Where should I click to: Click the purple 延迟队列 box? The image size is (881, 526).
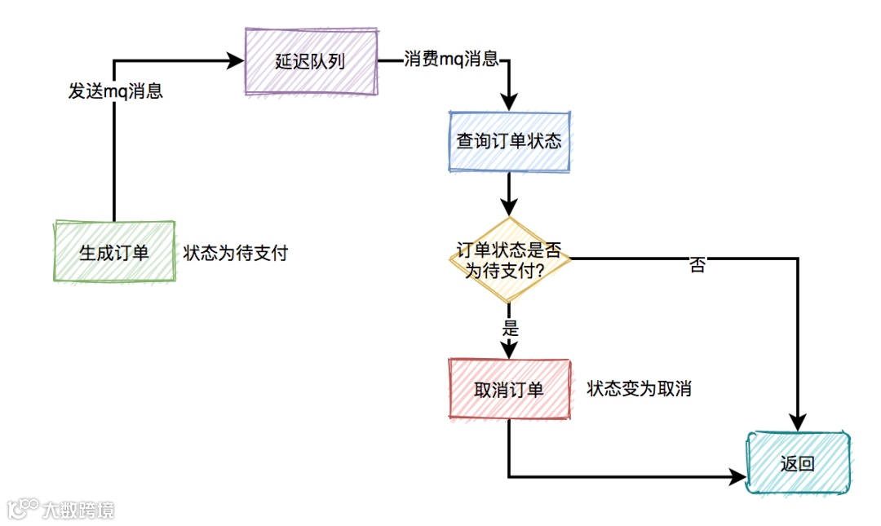312,61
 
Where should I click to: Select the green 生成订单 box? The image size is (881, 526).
114,251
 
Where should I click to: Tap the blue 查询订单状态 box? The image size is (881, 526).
509,140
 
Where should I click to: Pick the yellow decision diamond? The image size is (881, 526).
509,259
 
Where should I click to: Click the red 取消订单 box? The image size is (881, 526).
509,390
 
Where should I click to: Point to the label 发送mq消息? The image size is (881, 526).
115,91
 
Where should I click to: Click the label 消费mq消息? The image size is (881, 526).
451,60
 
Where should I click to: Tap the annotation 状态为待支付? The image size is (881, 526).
236,253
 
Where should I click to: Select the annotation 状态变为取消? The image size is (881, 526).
639,389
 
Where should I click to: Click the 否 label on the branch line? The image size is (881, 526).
697,265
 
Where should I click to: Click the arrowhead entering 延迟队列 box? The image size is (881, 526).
237,60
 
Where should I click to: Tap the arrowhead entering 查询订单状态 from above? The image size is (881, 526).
509,102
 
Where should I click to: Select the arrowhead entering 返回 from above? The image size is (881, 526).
798,422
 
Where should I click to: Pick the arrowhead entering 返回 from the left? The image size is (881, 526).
738,477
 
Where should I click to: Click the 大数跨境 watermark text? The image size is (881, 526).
78,510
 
